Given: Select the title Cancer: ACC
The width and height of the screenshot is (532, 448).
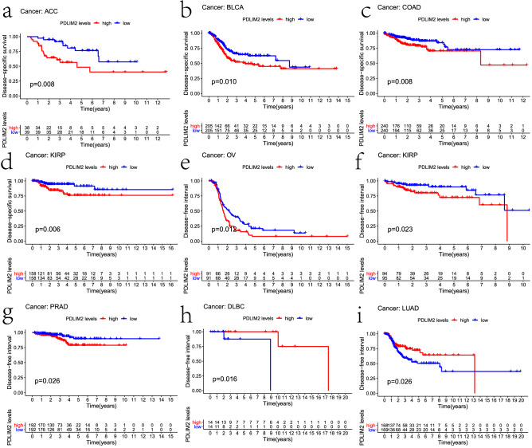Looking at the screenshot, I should coord(42,10).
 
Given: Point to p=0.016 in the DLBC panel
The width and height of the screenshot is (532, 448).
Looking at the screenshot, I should coord(224,380).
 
